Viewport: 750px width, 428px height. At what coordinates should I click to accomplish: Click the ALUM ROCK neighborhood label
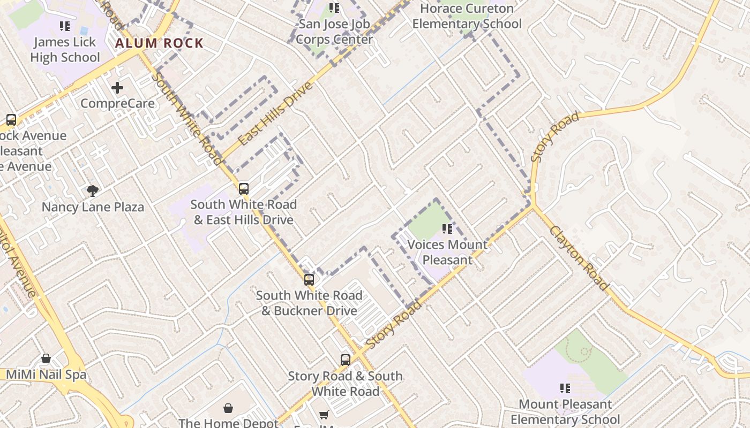[160, 43]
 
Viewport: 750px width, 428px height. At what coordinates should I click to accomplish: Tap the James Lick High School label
[65, 49]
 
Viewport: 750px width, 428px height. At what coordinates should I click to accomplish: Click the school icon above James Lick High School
[65, 26]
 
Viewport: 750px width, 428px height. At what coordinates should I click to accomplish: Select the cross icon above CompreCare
[117, 87]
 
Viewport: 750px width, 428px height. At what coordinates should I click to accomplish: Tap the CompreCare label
[117, 104]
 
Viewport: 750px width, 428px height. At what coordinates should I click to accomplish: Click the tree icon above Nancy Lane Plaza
[93, 190]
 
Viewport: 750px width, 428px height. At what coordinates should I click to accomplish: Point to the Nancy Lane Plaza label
[93, 207]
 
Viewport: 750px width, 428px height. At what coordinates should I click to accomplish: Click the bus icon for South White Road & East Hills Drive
[244, 188]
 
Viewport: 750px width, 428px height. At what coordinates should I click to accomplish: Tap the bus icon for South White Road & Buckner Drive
[309, 279]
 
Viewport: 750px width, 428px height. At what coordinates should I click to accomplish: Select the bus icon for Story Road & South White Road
[346, 360]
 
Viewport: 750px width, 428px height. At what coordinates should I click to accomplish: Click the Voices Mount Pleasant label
[447, 253]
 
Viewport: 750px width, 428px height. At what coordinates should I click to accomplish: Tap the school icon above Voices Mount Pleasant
[447, 229]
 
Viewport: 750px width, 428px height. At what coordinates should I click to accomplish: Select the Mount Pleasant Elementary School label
[565, 412]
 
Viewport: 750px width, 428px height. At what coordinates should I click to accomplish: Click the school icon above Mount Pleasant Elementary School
[565, 388]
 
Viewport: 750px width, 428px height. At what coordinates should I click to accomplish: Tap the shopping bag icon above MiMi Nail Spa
[46, 358]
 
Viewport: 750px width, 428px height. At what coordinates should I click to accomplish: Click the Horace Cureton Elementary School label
[467, 16]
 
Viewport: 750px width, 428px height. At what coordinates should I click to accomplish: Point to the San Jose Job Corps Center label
[334, 32]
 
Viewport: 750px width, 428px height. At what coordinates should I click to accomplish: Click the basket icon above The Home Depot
[228, 408]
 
